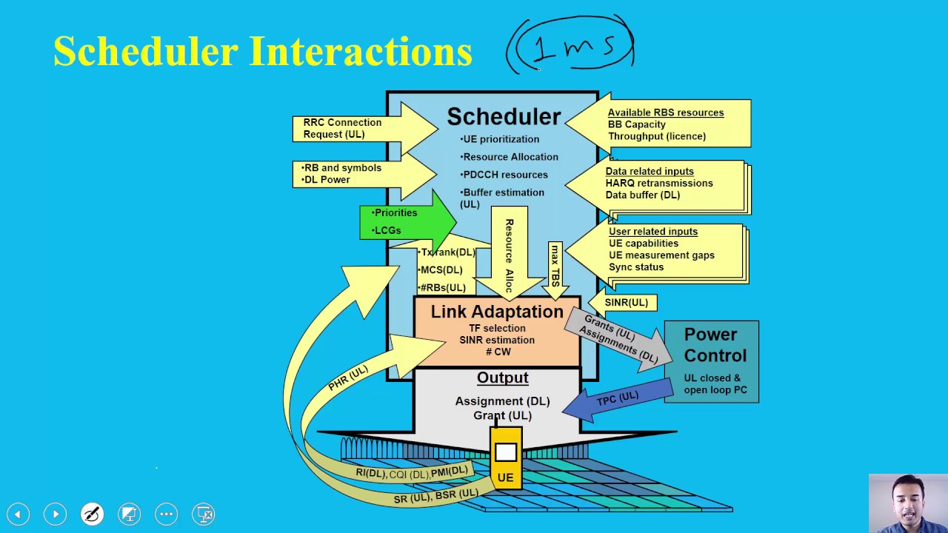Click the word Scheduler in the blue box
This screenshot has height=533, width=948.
504,116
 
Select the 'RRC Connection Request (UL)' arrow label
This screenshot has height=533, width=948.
342,128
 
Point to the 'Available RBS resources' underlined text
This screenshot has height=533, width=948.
665,113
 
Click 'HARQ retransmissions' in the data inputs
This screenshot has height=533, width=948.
659,183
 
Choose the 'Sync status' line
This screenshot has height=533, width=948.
635,266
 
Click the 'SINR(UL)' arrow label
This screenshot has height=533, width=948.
626,302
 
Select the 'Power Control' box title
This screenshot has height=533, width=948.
711,345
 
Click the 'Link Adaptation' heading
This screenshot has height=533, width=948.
497,312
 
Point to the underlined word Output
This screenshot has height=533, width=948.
502,378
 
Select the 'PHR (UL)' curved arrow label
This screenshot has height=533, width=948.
348,378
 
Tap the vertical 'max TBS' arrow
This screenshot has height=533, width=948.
555,266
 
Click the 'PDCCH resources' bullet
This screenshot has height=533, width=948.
504,175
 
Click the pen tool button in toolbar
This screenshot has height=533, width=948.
92,514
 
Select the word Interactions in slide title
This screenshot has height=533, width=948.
361,52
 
